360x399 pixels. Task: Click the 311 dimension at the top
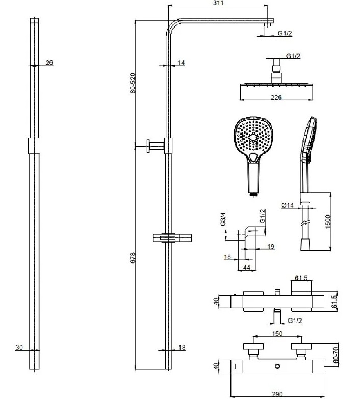(218, 3)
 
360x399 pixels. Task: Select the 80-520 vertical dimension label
(133, 83)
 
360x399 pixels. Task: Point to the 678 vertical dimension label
(133, 258)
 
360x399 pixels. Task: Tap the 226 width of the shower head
(276, 97)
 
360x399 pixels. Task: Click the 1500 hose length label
(328, 222)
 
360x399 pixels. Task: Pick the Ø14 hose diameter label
(288, 205)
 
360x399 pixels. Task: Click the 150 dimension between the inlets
(277, 333)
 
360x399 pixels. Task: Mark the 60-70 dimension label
(336, 354)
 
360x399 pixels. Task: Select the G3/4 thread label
(223, 219)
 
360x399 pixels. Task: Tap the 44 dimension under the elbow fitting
(247, 267)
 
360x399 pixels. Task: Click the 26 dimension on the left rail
(49, 63)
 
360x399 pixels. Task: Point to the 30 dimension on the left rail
(19, 347)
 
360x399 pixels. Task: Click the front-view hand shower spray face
(253, 137)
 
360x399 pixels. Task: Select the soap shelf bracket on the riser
(172, 238)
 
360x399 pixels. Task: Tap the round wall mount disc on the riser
(148, 146)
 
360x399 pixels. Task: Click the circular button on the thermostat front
(277, 366)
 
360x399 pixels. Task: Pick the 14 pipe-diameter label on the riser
(181, 63)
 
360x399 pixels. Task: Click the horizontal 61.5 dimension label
(301, 278)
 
